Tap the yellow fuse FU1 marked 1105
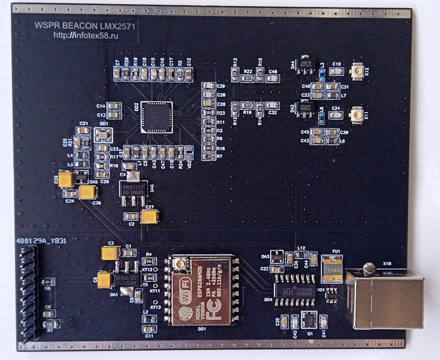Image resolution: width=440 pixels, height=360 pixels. point(331,268)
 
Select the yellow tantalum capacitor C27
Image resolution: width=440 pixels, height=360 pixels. point(149,216)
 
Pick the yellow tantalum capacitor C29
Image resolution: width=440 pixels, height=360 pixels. point(66,180)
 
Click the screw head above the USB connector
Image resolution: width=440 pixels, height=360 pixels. point(369,267)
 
